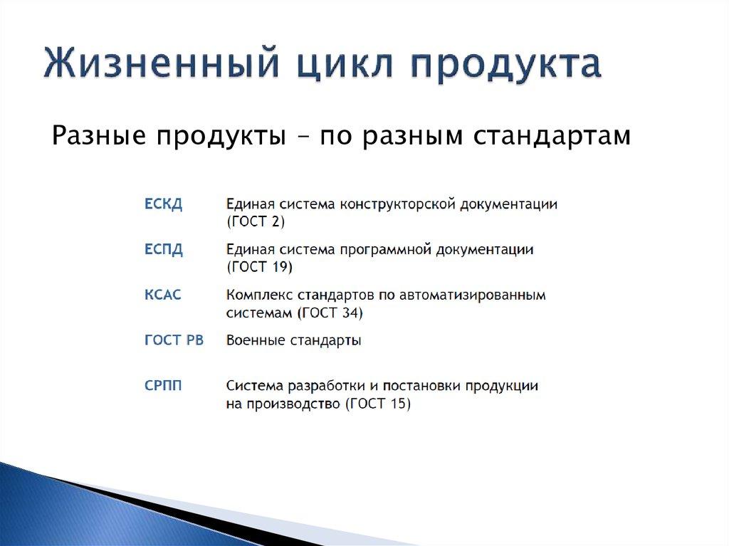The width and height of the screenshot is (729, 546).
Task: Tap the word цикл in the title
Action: coord(334,64)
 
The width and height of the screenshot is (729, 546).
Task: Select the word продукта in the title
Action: coord(505,65)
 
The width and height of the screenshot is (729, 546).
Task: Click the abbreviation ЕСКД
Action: coord(164,204)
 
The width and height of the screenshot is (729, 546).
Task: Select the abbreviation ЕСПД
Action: coord(164,249)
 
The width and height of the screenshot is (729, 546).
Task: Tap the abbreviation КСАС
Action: coord(163,295)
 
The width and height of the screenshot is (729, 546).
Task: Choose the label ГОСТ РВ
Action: coord(174,340)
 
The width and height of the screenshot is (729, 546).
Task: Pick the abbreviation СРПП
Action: coord(163,386)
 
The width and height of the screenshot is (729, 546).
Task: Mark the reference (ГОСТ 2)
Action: coord(256,222)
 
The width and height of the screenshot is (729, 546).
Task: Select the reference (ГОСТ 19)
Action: coord(259,268)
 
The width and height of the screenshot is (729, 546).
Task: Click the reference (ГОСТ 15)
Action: coord(378,404)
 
